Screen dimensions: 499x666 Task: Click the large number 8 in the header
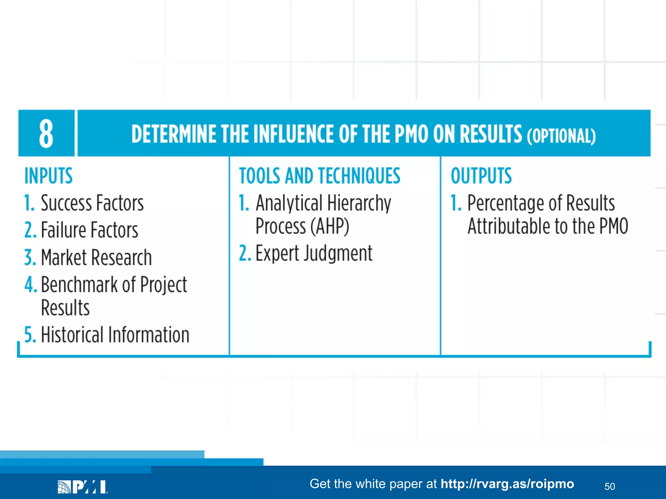46,134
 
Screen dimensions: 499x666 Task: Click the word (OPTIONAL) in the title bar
561,135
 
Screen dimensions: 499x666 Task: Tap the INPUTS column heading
48,176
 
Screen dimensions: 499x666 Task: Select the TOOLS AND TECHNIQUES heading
319,176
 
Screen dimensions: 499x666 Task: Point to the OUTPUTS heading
481,176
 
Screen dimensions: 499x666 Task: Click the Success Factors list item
92,203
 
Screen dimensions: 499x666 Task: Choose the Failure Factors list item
89,230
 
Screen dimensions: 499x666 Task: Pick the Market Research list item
96,257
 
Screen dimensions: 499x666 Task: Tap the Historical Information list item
114,335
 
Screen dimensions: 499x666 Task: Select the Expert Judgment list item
313,253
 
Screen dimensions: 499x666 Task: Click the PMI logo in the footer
83,487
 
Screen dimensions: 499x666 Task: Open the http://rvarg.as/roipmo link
507,484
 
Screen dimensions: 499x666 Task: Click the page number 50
609,486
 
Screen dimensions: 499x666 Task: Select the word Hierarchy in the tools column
359,203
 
